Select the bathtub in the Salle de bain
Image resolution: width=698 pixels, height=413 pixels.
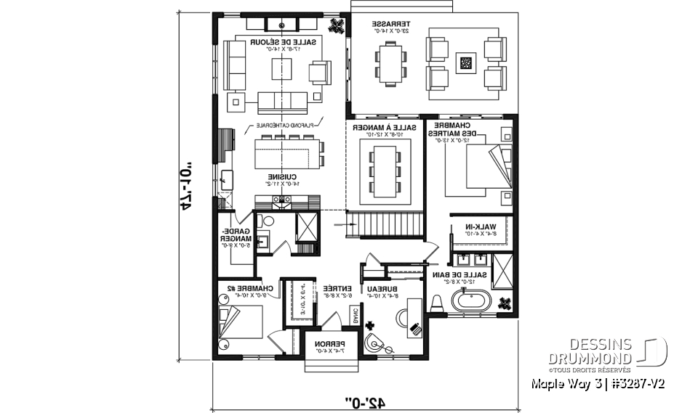click(x=471, y=300)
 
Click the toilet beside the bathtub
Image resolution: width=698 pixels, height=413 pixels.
click(x=438, y=303)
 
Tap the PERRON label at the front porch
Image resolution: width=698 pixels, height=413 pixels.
click(x=329, y=345)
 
